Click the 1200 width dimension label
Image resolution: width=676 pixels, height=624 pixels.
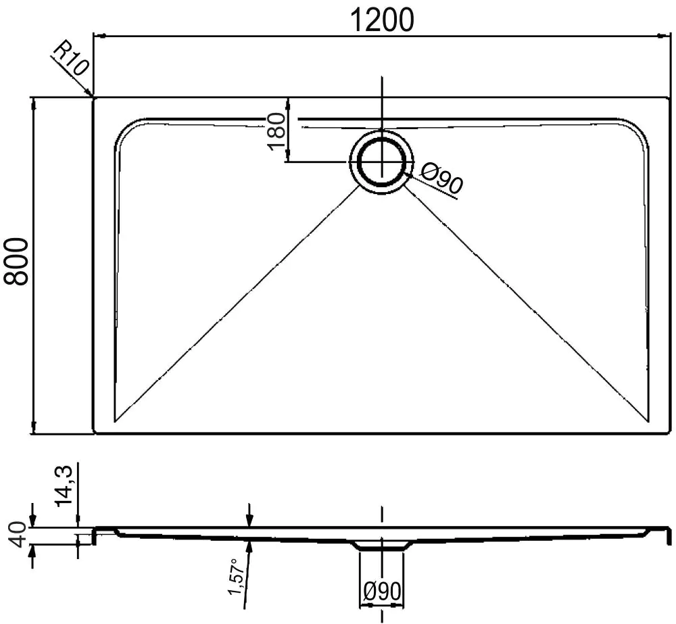(x=382, y=20)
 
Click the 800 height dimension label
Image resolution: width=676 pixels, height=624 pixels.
(x=16, y=262)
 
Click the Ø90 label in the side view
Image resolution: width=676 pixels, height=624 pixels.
(x=382, y=592)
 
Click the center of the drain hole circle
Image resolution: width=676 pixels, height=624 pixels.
(x=383, y=163)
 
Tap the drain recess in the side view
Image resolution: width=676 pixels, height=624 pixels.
(x=382, y=545)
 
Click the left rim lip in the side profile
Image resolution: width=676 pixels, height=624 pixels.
(x=96, y=535)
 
